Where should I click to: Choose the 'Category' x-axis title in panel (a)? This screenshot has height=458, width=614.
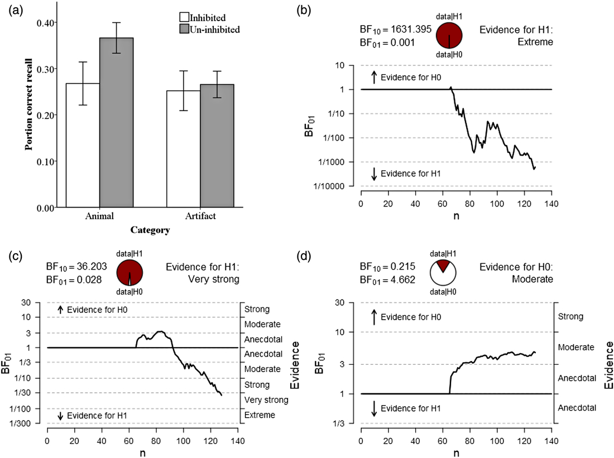150,229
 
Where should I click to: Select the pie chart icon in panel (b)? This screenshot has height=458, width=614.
449,36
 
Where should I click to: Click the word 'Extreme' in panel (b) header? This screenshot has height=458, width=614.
536,42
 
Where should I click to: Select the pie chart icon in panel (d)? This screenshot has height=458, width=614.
444,273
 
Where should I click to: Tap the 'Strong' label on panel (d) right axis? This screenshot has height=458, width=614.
571,316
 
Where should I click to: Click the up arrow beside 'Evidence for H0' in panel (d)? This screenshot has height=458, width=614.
373,317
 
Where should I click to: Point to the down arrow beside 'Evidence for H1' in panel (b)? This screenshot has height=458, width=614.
373,174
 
